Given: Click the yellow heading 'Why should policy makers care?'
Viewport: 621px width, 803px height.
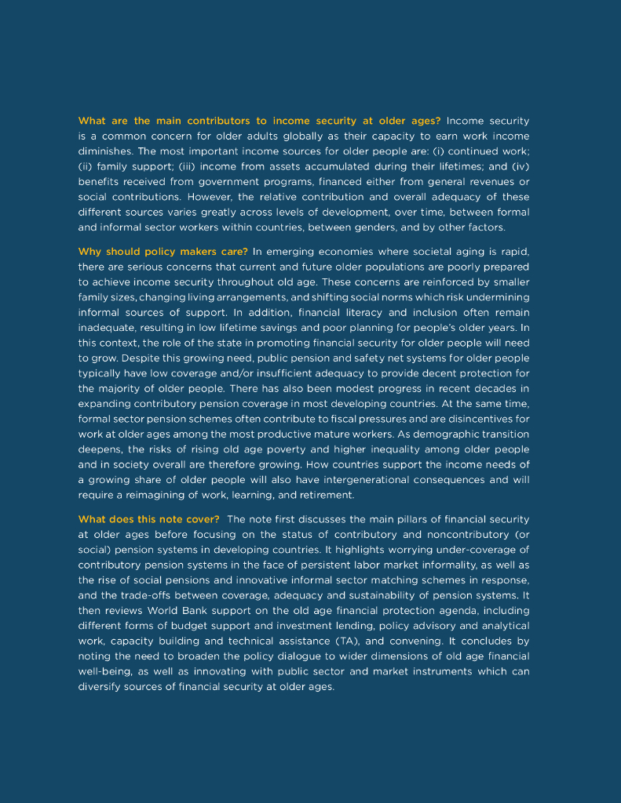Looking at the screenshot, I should (x=163, y=252).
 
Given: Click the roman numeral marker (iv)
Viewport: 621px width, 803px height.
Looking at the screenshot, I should (x=521, y=166).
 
